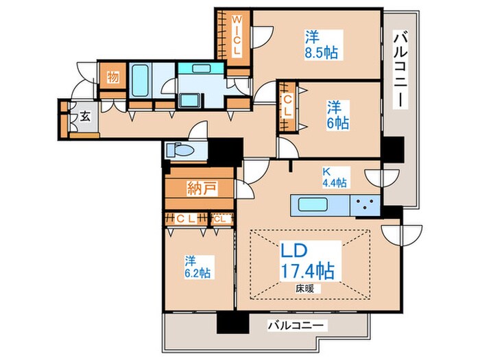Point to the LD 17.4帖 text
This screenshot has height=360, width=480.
click(x=307, y=260)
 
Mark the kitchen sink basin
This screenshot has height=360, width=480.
click(x=313, y=204)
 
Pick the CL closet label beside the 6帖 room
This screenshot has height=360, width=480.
click(x=288, y=106)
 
